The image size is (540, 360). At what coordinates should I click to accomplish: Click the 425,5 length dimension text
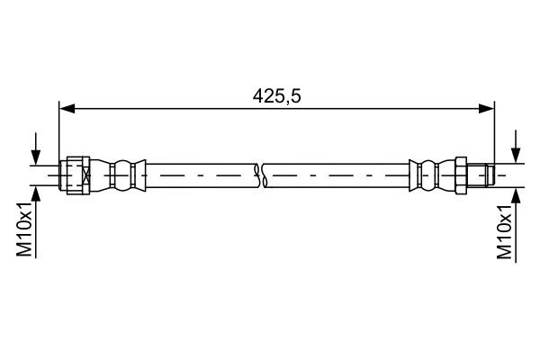tap(275, 94)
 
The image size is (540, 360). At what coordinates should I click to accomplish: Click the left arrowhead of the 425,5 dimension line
tap(65, 109)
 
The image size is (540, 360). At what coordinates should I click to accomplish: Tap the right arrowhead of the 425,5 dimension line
tap(488, 109)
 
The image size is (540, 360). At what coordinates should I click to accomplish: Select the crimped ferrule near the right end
tap(428, 175)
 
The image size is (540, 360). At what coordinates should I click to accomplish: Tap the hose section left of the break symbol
tap(198, 175)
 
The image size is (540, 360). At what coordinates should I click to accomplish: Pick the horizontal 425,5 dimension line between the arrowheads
tap(180, 109)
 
